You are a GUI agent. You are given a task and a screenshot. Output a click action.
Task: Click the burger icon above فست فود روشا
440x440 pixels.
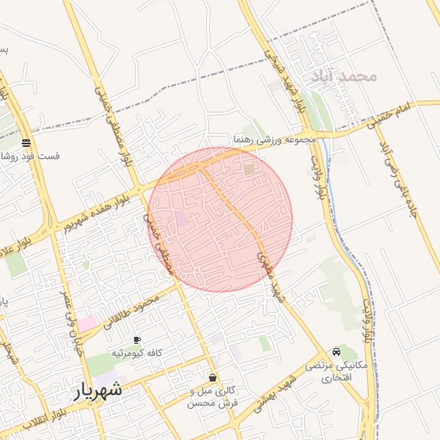tap(27, 143)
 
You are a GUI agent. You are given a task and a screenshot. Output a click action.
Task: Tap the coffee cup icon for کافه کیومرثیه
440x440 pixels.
tap(137, 341)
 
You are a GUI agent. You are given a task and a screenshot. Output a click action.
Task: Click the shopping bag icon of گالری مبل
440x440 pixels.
tap(213, 377)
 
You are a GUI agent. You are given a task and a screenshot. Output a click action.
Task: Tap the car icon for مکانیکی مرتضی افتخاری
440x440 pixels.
tap(336, 351)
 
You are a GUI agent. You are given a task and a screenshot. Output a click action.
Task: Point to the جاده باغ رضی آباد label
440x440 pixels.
tap(404, 186)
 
